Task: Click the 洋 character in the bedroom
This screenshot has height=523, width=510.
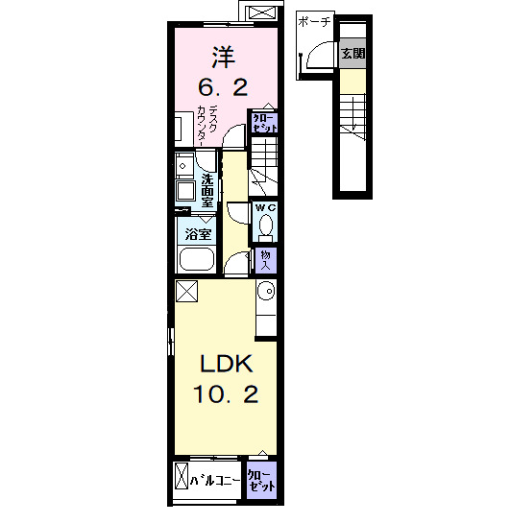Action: [x=224, y=58]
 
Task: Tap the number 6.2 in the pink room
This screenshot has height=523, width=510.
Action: [x=223, y=87]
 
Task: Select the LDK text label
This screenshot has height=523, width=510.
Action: [x=226, y=364]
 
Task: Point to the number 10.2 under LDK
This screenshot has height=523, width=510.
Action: [x=226, y=393]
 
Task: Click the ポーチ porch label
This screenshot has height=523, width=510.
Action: [x=314, y=22]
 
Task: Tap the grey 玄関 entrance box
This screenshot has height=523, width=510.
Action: [x=353, y=54]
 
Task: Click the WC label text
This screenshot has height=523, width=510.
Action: [x=266, y=208]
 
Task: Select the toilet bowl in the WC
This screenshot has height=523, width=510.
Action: [x=266, y=225]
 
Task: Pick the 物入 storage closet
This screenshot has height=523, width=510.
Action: [x=266, y=260]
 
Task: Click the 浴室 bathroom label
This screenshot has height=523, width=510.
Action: [x=198, y=234]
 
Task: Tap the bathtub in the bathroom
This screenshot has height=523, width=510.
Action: [x=197, y=259]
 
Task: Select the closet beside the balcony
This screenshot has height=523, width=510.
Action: [x=262, y=481]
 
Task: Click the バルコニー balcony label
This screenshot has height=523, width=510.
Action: [x=215, y=481]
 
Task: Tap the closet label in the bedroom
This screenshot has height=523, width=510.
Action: [x=264, y=123]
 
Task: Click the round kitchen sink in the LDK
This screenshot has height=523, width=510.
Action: [x=266, y=291]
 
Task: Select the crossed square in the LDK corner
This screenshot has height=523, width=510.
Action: [x=187, y=291]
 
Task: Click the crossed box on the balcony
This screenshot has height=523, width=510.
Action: [x=182, y=476]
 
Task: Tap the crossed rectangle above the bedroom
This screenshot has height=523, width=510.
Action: [x=261, y=12]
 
